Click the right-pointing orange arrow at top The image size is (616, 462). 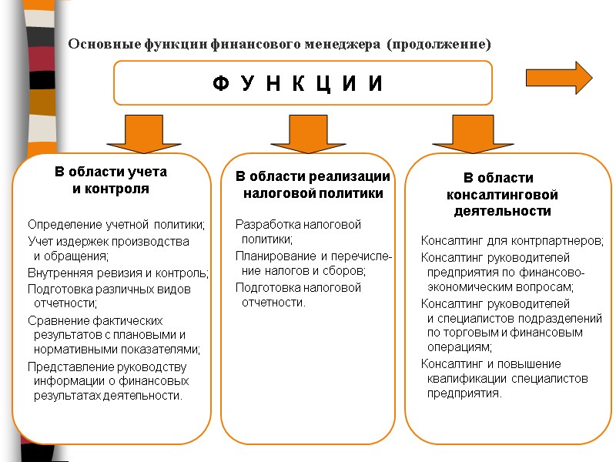[x=559, y=78]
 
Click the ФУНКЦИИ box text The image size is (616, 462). [x=297, y=83]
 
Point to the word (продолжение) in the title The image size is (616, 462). [x=438, y=44]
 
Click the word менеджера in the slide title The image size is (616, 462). [x=345, y=44]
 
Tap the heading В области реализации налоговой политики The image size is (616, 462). [x=313, y=185]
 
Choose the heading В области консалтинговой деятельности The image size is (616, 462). [x=502, y=194]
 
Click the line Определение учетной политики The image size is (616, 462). [x=117, y=225]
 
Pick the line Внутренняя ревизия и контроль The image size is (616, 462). [x=118, y=273]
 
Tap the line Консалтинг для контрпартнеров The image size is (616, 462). [x=512, y=241]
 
